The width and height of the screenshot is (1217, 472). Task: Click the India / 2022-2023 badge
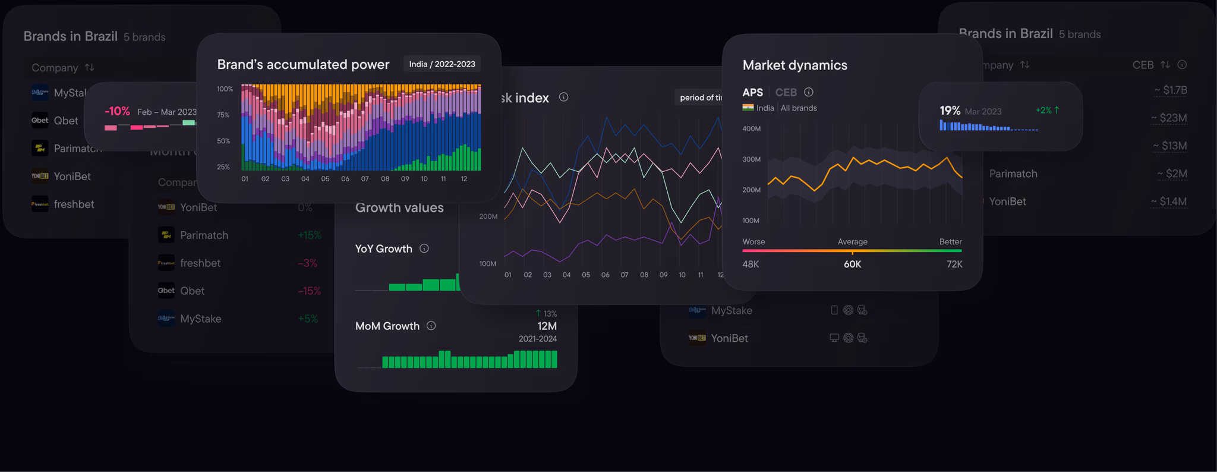(x=442, y=64)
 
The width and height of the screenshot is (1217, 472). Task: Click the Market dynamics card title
(x=794, y=65)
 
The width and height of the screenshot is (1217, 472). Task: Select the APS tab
(x=752, y=92)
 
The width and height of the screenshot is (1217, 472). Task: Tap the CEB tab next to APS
(x=786, y=92)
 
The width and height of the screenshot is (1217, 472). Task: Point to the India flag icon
(x=748, y=108)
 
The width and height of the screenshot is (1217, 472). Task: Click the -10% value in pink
(x=117, y=111)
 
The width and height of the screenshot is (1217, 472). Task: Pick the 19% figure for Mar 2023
(x=950, y=111)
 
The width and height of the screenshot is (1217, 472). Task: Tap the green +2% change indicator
(x=1047, y=111)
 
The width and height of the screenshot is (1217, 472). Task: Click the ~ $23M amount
(x=1168, y=118)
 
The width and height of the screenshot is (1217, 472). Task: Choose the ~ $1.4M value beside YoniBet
(x=1168, y=202)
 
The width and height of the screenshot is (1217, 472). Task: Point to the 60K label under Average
(x=852, y=264)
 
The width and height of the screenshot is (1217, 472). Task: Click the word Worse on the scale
(x=753, y=242)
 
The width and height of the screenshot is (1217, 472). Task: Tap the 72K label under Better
(x=954, y=264)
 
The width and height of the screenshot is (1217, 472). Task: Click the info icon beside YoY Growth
(x=424, y=248)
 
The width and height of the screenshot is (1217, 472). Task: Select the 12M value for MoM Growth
(x=547, y=326)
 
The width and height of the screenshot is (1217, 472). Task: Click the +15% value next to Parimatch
(x=309, y=235)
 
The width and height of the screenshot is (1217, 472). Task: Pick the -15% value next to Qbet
(x=309, y=291)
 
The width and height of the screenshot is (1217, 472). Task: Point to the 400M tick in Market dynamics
(x=751, y=128)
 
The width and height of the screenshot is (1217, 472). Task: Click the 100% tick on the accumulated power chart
(x=225, y=89)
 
